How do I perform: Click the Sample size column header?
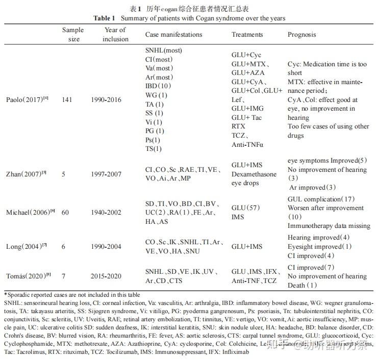73,34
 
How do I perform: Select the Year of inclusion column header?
115,34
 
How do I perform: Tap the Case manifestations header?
173,35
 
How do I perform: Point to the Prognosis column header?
301,35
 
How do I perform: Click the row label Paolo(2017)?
28,99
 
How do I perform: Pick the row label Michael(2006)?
30,212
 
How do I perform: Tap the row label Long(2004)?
27,247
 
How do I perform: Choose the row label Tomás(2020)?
29,276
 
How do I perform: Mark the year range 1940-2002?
106,212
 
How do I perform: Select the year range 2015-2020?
106,276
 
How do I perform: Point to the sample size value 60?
66,212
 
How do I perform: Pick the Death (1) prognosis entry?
302,286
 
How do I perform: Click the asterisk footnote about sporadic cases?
72,295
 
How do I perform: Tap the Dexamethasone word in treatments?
254,174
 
